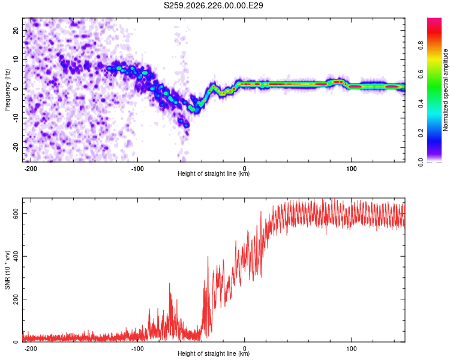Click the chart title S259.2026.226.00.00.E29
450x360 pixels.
(213, 5)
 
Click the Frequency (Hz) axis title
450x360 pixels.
(7, 90)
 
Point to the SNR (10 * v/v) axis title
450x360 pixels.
(7, 270)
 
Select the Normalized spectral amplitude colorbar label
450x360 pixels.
(445, 90)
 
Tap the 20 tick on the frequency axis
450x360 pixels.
(16, 30)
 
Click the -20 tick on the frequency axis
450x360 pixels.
(16, 147)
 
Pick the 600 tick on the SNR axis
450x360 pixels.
(16, 214)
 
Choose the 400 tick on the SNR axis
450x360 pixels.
(16, 256)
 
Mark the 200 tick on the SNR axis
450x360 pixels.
(16, 299)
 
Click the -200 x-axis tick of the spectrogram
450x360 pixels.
(31, 169)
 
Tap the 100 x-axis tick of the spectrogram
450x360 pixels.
(351, 169)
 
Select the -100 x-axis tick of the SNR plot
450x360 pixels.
(137, 349)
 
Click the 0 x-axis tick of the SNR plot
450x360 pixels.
(245, 349)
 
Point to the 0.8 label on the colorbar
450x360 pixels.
(421, 46)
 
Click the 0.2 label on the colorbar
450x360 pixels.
(421, 133)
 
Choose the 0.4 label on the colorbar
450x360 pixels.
(421, 104)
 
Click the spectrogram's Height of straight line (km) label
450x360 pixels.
(214, 173)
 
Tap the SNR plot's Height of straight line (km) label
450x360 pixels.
(214, 353)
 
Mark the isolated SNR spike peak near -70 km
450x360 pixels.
(169, 283)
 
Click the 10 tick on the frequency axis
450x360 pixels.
(16, 59)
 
